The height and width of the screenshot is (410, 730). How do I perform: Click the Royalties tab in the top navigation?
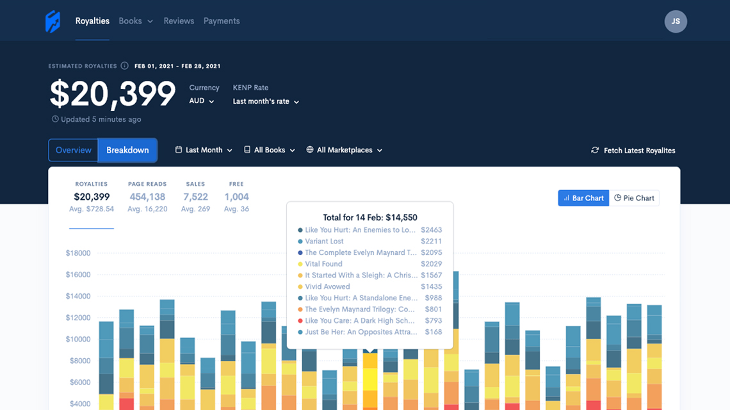(92, 21)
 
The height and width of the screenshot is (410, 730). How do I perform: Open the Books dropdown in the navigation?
(136, 21)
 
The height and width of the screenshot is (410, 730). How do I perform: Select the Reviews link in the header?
(179, 21)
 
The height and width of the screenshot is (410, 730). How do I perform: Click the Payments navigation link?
(222, 21)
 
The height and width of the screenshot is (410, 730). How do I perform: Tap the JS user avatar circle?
(676, 21)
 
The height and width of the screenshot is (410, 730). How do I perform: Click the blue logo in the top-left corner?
(53, 21)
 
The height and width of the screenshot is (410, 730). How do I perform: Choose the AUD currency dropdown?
(202, 101)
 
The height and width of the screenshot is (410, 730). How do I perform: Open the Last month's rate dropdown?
(266, 101)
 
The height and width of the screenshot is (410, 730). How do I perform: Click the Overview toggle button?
(74, 150)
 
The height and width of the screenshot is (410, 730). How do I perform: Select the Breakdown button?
(127, 150)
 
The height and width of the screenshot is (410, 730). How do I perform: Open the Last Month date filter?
(204, 150)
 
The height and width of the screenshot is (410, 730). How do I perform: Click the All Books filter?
(270, 150)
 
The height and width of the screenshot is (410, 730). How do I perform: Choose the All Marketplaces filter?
(345, 150)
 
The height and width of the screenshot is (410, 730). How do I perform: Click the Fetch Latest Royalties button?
(633, 151)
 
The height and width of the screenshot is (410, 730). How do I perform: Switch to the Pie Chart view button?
(634, 198)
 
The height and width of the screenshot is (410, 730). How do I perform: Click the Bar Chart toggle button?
(583, 198)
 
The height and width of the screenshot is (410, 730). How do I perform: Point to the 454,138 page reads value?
(147, 197)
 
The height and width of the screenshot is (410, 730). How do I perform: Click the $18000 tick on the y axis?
(78, 253)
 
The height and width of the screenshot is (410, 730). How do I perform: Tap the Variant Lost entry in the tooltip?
(324, 242)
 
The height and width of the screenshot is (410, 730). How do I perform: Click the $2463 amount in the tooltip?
(431, 230)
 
